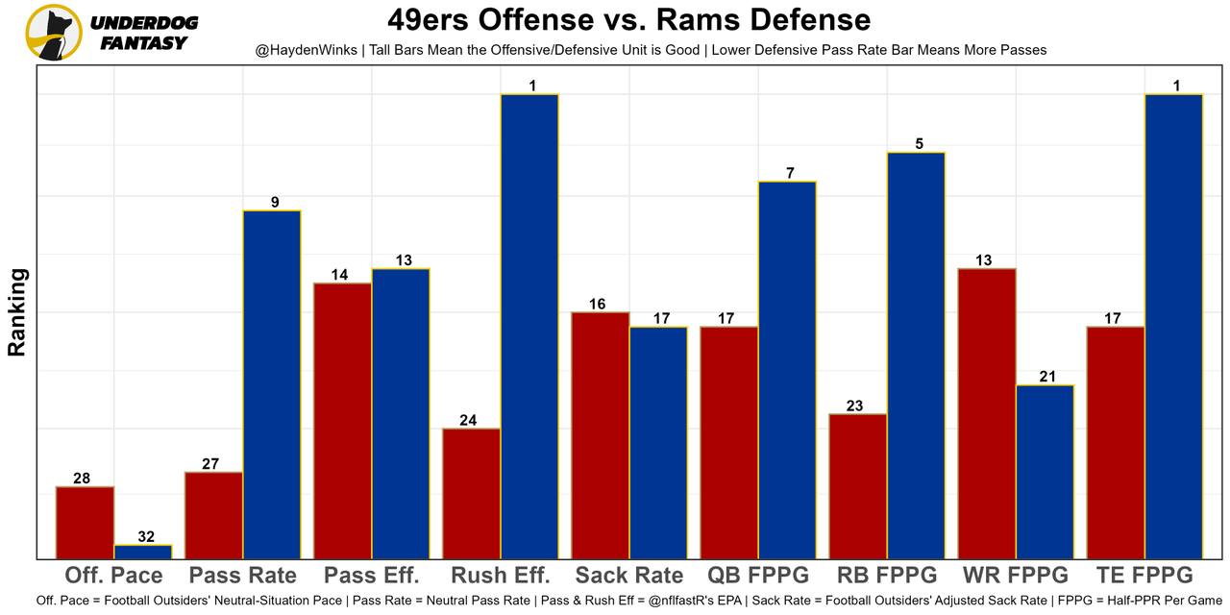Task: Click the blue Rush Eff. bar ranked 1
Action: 529,327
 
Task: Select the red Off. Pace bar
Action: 86,523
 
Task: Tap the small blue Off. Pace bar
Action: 143,552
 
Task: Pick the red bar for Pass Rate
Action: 214,515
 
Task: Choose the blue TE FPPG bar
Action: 1173,327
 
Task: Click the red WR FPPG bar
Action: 987,413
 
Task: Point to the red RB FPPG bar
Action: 858,486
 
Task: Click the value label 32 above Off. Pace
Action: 145,537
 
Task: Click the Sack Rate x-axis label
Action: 629,576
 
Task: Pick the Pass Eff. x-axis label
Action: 372,576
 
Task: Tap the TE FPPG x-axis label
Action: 1144,576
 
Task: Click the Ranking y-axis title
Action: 17,312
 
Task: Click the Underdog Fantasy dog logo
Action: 54,32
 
